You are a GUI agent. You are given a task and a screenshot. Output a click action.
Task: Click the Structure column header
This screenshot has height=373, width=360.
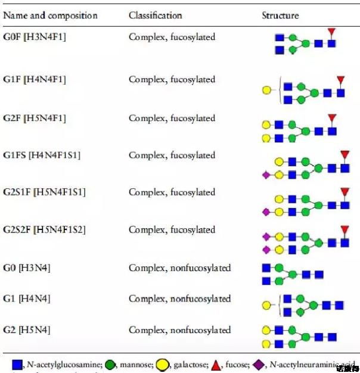280,15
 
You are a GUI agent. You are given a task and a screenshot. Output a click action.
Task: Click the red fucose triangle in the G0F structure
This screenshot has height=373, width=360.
332,31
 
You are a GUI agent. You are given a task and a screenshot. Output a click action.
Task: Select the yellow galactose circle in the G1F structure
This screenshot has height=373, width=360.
266,91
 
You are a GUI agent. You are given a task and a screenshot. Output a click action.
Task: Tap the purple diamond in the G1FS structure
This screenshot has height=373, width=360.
266,175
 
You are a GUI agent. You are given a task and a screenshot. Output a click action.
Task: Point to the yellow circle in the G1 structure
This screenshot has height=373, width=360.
266,305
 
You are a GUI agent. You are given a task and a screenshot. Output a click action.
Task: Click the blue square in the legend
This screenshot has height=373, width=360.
17,364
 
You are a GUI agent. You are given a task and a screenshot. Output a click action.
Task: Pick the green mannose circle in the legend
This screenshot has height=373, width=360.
110,364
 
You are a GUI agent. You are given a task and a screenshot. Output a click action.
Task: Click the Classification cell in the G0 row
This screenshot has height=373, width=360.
179,268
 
